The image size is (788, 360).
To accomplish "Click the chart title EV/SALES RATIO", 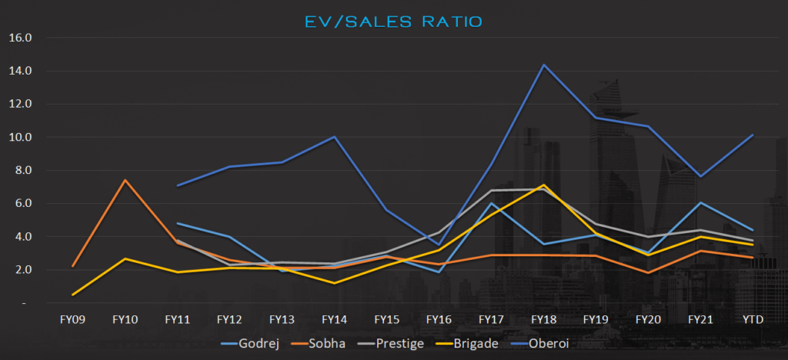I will click(395, 22).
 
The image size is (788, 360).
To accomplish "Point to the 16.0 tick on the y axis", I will click(21, 38).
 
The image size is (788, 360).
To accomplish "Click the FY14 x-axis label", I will click(334, 318).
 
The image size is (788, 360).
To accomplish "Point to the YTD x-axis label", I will click(753, 318).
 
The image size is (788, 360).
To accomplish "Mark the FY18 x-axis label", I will click(544, 318).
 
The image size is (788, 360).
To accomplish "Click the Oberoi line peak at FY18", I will click(544, 65).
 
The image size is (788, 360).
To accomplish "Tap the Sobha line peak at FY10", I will click(125, 180).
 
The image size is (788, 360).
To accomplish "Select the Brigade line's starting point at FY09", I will click(72, 295).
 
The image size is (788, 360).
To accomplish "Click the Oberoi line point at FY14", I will click(334, 137).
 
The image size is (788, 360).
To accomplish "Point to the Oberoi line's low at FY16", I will click(439, 245).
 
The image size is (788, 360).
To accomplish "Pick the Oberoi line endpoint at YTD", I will click(753, 135).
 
